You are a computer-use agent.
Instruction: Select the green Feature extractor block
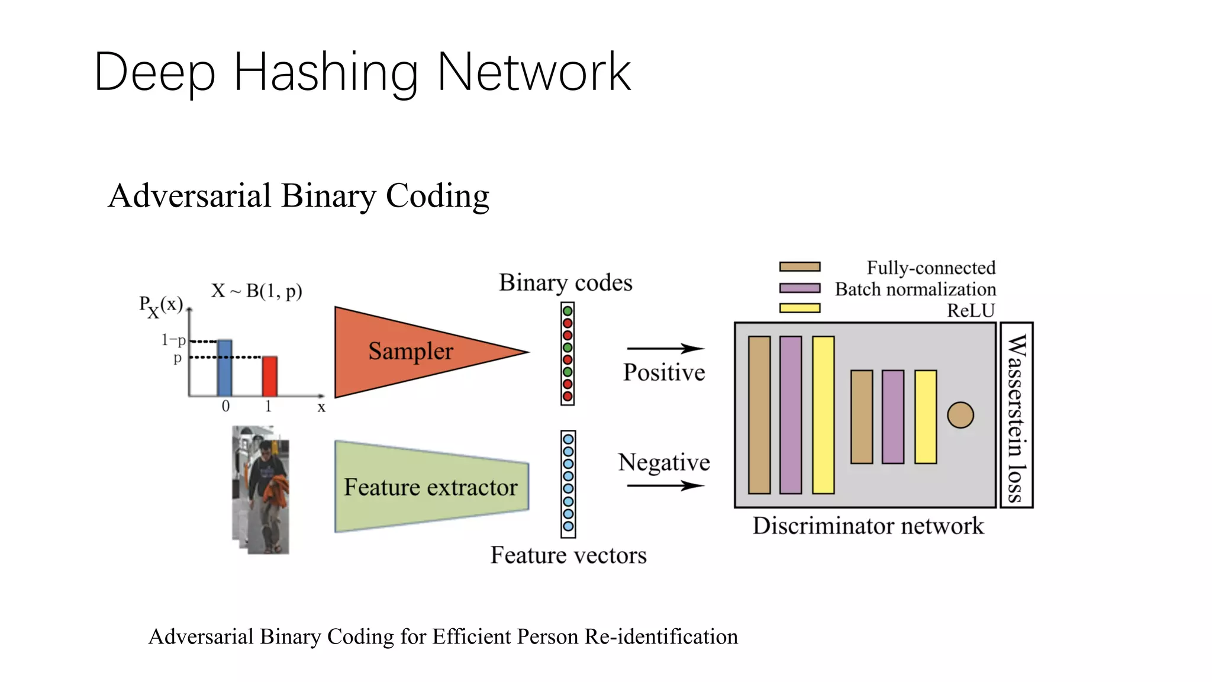[431, 487]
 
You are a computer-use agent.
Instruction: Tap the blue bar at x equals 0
[225, 368]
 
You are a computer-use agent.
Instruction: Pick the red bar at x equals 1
[270, 376]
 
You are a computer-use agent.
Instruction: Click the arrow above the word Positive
[665, 349]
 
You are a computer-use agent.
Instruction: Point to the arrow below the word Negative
[665, 486]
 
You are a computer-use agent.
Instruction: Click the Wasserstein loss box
[1016, 415]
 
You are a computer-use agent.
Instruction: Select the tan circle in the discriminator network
[960, 415]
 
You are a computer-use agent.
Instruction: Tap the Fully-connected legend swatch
[800, 267]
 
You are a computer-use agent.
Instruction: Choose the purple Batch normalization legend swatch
[800, 288]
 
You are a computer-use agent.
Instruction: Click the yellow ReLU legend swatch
[800, 308]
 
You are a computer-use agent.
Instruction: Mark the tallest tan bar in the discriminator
[759, 415]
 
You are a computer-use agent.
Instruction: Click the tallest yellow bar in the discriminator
[823, 415]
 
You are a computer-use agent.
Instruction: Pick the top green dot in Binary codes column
[568, 311]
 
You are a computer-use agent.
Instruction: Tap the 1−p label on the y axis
[173, 340]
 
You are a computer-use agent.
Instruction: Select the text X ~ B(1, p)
[257, 291]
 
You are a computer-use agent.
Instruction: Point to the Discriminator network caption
[868, 526]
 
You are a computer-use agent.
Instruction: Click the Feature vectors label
[568, 555]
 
